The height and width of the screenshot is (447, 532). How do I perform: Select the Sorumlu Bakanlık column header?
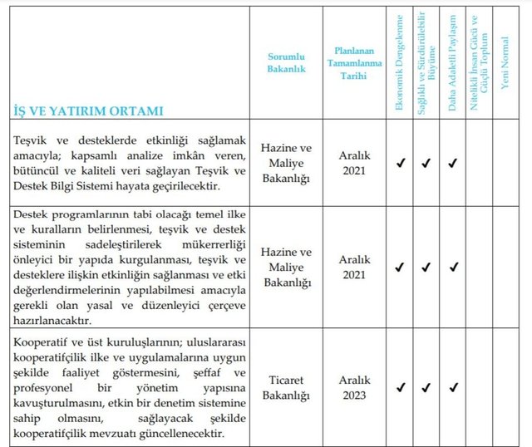[x=286, y=63]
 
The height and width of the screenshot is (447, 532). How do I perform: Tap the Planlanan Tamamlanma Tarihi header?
[x=354, y=63]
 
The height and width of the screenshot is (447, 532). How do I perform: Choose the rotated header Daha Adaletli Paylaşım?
[x=453, y=65]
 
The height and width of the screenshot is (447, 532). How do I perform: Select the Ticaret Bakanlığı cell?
[x=286, y=387]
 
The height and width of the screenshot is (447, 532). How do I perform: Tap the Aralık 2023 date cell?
[x=354, y=387]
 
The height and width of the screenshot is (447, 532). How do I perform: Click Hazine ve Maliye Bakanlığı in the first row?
[x=286, y=162]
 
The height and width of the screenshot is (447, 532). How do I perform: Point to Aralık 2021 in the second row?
[x=354, y=267]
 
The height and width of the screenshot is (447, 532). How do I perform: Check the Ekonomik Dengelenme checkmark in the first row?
[x=400, y=163]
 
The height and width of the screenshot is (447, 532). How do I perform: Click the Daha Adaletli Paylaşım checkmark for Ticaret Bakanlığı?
[x=453, y=387]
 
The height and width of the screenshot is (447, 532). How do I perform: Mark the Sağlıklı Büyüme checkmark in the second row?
[x=426, y=267]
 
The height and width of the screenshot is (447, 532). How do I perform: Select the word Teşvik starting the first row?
[x=32, y=139]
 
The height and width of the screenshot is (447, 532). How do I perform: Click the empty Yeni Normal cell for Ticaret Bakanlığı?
[x=505, y=387]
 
